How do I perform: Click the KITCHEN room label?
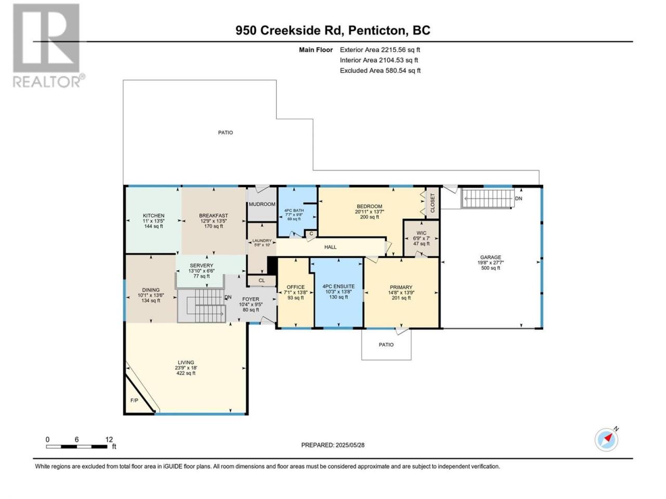(x=153, y=216)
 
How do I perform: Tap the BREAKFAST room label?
(x=213, y=216)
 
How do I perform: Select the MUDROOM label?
(x=262, y=204)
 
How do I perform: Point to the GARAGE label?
(x=490, y=257)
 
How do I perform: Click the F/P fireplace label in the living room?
(x=134, y=401)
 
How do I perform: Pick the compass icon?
(x=607, y=440)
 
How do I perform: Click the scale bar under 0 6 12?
(x=76, y=447)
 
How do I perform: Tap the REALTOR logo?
(x=48, y=46)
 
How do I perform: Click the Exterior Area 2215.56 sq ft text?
(x=380, y=50)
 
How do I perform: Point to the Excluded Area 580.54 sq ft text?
(x=380, y=71)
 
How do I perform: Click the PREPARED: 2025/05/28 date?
(x=333, y=445)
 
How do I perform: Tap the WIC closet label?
(x=421, y=233)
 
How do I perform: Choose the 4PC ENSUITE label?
(x=338, y=286)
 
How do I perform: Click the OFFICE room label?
(x=296, y=287)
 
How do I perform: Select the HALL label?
(x=330, y=247)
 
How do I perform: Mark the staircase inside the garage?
(x=488, y=199)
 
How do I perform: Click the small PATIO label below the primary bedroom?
(x=386, y=345)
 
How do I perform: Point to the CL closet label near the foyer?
(x=262, y=281)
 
